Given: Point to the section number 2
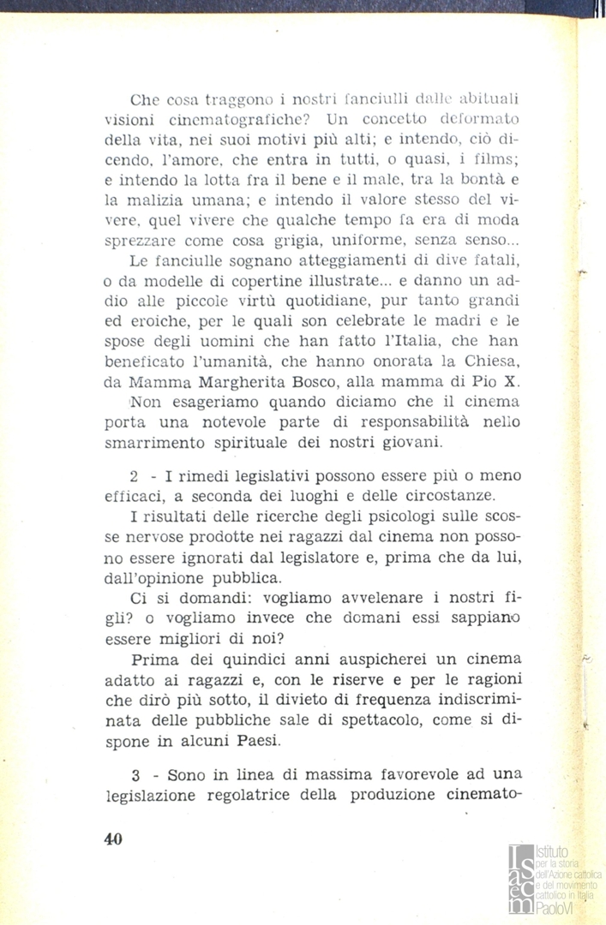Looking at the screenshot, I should coord(135,476).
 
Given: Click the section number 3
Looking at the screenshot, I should coord(135,775).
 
